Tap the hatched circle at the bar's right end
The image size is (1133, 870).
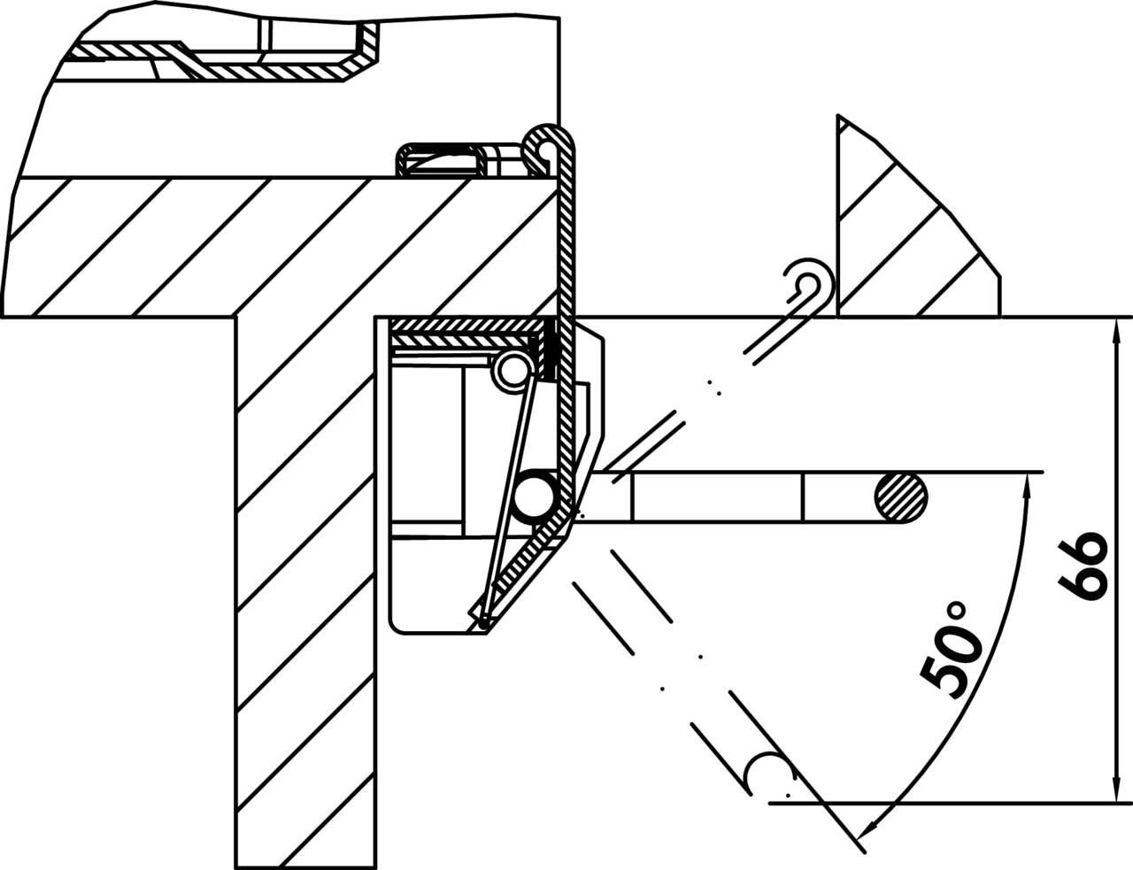[x=902, y=497]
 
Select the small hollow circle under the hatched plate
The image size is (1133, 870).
[x=512, y=369]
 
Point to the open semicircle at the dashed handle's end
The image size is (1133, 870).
[x=767, y=772]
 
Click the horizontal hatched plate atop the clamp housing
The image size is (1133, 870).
[x=464, y=333]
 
